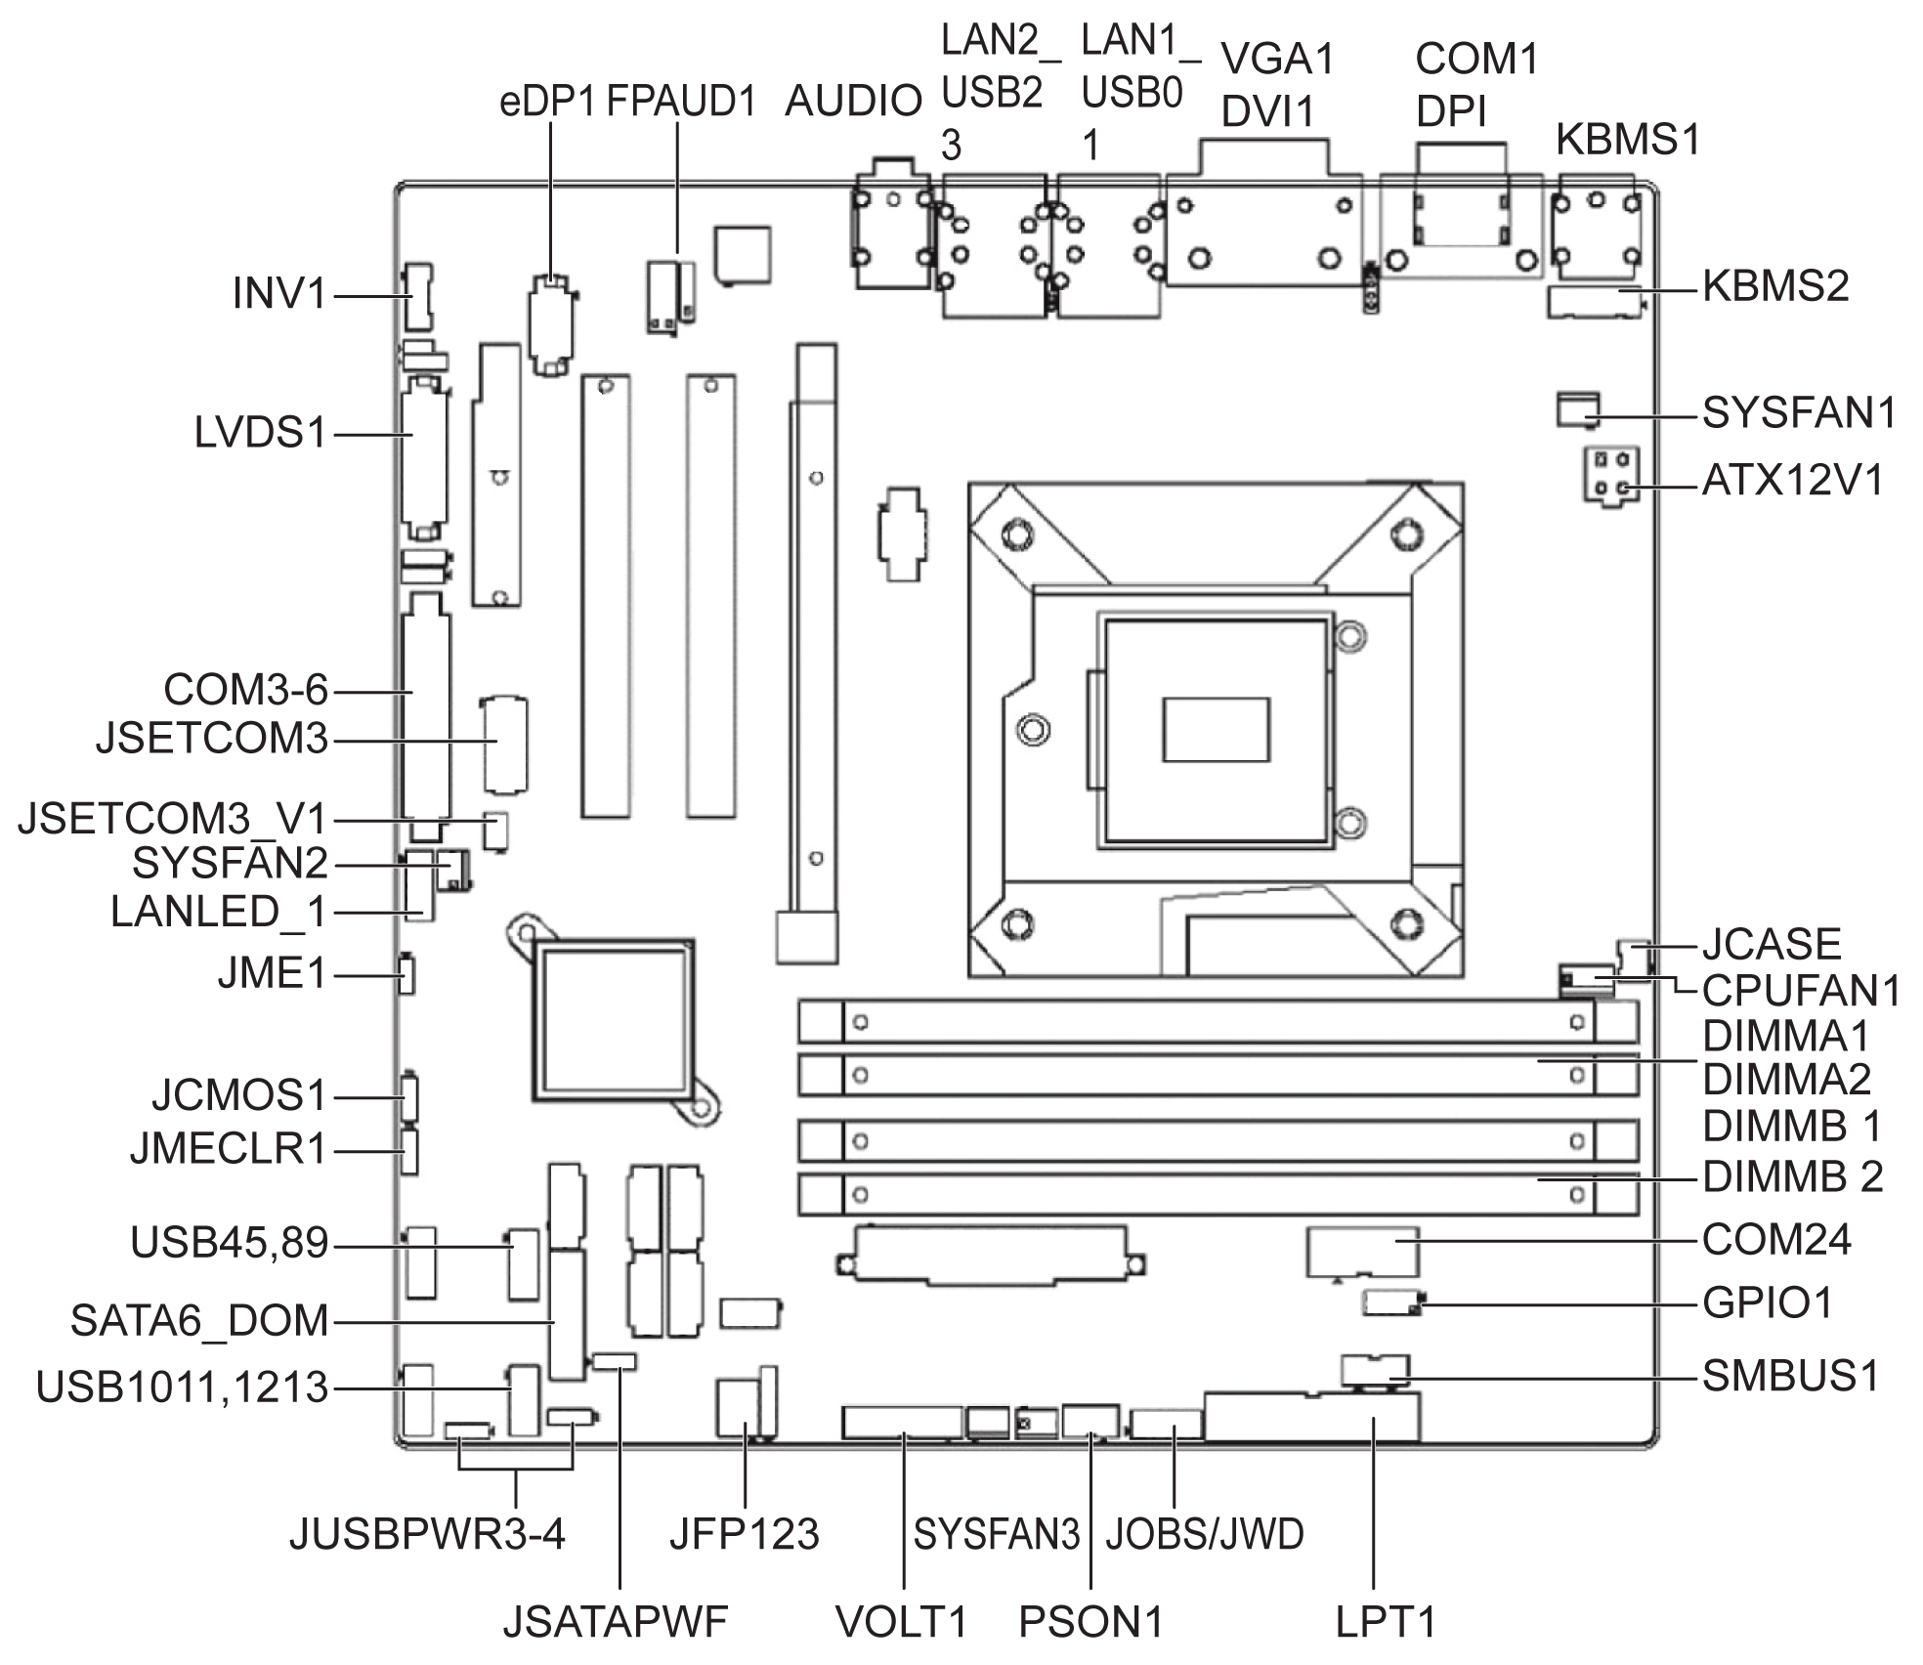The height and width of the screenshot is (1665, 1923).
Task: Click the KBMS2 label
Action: pos(1775,287)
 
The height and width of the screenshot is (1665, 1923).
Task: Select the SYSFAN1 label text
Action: pos(1799,413)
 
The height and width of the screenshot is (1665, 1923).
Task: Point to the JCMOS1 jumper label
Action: pos(239,1095)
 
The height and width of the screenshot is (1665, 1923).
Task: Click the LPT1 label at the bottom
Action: pos(1386,1622)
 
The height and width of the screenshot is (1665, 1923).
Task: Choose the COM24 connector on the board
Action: pos(1362,1252)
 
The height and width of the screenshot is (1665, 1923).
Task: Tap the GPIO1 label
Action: pos(1768,1302)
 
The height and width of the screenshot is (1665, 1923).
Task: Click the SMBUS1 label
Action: pos(1790,1377)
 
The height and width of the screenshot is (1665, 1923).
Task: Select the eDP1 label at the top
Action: pos(547,102)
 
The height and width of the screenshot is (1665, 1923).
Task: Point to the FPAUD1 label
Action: pos(681,102)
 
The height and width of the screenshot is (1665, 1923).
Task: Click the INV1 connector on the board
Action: pos(418,296)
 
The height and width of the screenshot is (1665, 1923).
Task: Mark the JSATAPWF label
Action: pos(615,1622)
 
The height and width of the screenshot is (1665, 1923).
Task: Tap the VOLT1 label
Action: pos(901,1622)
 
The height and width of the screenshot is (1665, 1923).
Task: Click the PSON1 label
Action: pos(1090,1622)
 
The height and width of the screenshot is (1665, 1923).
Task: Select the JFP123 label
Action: pos(744,1534)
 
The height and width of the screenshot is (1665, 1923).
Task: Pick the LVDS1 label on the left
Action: pos(260,433)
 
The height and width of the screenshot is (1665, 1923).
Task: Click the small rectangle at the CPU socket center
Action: pos(1216,729)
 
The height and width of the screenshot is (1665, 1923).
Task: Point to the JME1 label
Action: pos(272,974)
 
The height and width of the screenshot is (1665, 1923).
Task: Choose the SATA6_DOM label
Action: pos(199,1321)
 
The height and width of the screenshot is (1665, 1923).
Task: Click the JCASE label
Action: pos(1772,945)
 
